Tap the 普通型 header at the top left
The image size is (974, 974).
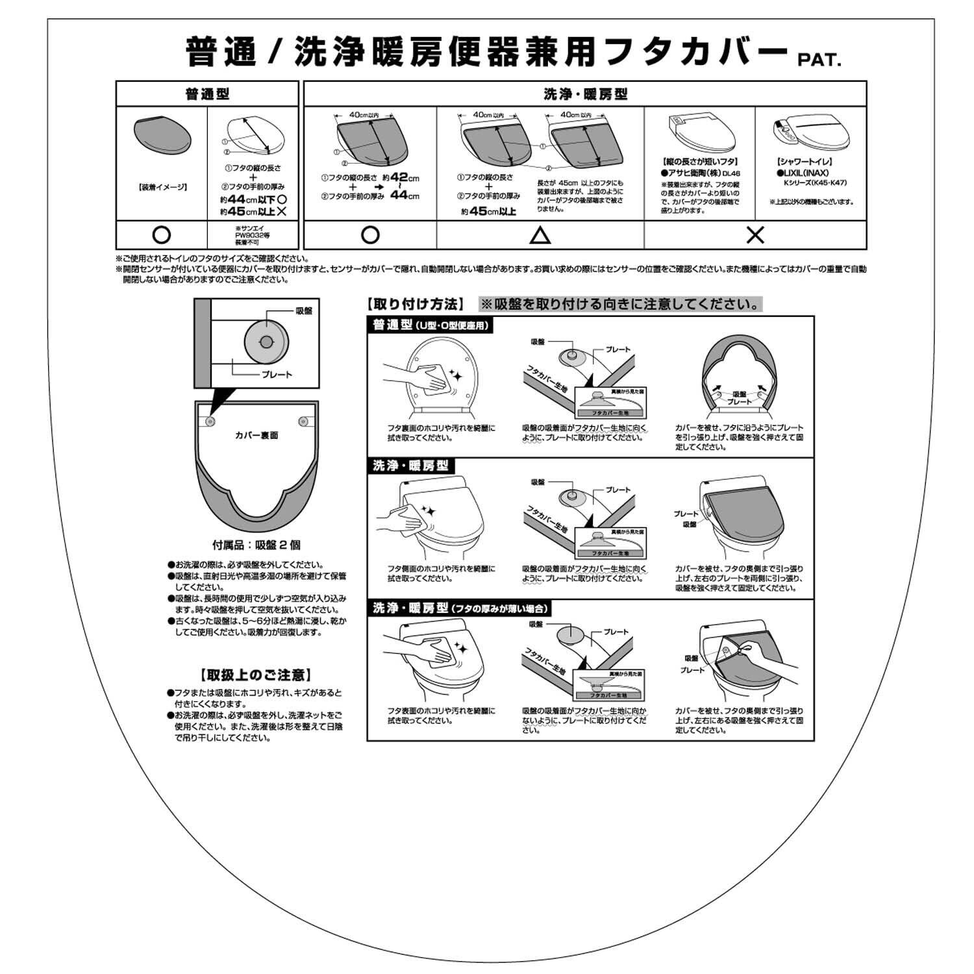point(207,94)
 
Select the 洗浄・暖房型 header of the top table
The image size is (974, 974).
point(585,94)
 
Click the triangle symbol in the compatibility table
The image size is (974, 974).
point(540,235)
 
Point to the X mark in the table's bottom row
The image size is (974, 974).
point(755,235)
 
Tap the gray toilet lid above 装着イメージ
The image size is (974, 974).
point(162,138)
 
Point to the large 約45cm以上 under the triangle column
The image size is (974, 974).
point(488,211)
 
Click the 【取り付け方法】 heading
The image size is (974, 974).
point(416,304)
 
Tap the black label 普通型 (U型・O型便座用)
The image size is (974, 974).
point(431,325)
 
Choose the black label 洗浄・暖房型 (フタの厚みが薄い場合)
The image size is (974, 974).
point(460,608)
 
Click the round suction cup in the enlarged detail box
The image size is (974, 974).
point(266,342)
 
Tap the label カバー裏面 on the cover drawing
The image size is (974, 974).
point(256,435)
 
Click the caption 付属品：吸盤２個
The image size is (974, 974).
point(256,545)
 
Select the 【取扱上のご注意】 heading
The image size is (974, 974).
point(256,675)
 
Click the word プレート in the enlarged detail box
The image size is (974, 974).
point(277,375)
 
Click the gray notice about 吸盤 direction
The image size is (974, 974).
point(620,304)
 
